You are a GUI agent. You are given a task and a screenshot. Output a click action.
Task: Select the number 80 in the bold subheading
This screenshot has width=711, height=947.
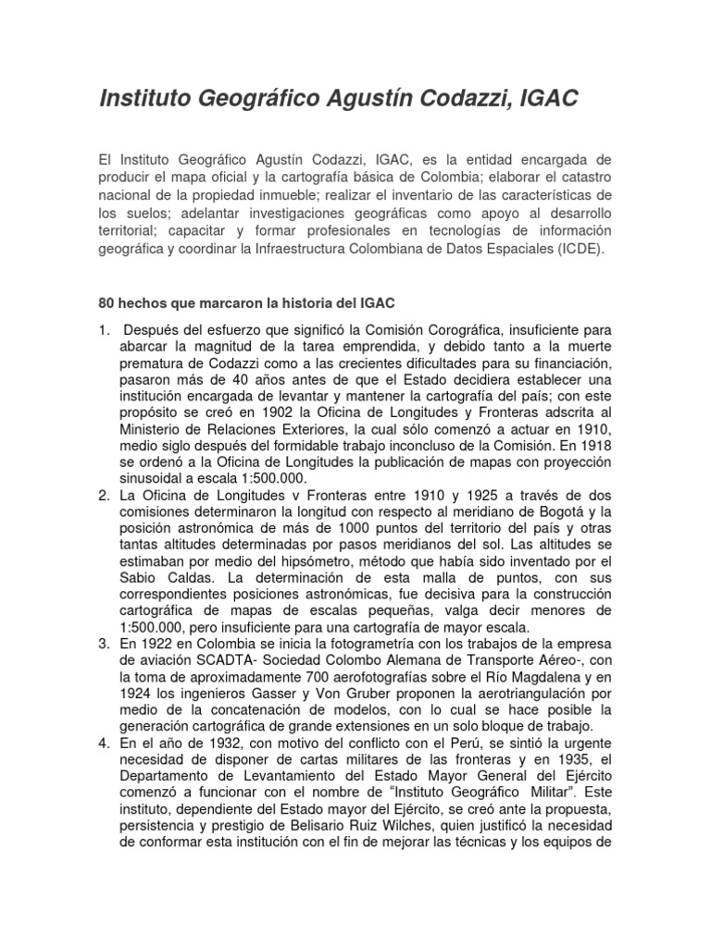tap(106, 303)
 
